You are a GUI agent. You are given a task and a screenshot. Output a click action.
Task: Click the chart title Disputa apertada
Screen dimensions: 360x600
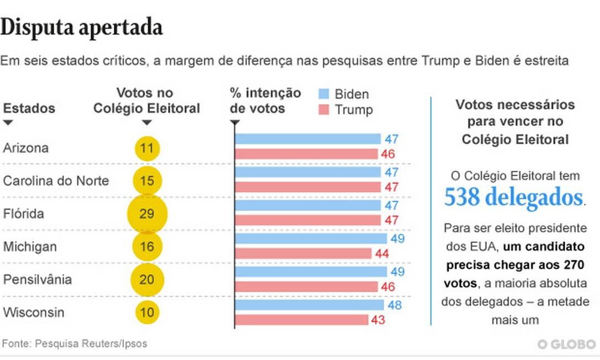[x=82, y=27]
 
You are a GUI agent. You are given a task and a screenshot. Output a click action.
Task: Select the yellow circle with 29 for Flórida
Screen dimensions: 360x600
[x=147, y=214]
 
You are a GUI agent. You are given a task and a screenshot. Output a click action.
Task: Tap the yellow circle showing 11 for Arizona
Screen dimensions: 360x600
[x=147, y=148]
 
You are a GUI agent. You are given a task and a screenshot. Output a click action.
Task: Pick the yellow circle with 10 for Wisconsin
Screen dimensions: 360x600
[x=147, y=313]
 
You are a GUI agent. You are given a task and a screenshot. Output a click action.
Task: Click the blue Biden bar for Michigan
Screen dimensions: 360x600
[x=311, y=239]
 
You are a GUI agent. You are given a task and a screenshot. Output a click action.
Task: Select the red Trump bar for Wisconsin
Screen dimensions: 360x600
[x=302, y=320]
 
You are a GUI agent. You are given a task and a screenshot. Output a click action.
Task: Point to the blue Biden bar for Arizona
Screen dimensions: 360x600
[x=308, y=139]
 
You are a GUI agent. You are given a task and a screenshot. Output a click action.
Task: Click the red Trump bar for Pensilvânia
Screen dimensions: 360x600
[x=307, y=287]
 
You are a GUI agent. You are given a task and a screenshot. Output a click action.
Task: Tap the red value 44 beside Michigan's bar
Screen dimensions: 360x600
[x=382, y=254]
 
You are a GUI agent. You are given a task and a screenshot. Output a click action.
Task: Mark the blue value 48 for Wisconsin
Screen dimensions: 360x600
[x=394, y=305]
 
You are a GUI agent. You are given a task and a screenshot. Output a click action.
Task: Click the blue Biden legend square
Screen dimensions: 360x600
[x=324, y=93]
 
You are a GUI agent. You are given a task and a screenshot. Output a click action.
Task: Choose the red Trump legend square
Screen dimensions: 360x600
[x=324, y=109]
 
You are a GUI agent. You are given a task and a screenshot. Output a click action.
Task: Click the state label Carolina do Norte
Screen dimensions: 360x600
[x=56, y=181]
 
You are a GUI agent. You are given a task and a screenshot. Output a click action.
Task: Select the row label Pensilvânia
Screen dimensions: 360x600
[x=38, y=279]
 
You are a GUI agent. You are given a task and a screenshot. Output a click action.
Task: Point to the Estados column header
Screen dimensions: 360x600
[x=29, y=108]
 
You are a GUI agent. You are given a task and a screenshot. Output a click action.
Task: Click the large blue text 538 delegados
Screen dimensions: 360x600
[x=514, y=197]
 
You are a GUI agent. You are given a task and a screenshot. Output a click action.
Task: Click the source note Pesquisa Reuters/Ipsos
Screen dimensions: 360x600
[x=75, y=343]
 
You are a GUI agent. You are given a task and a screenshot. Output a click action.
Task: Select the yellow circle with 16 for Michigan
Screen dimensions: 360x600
[x=147, y=246]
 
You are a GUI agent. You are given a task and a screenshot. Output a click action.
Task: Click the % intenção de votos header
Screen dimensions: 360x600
[x=265, y=100]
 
